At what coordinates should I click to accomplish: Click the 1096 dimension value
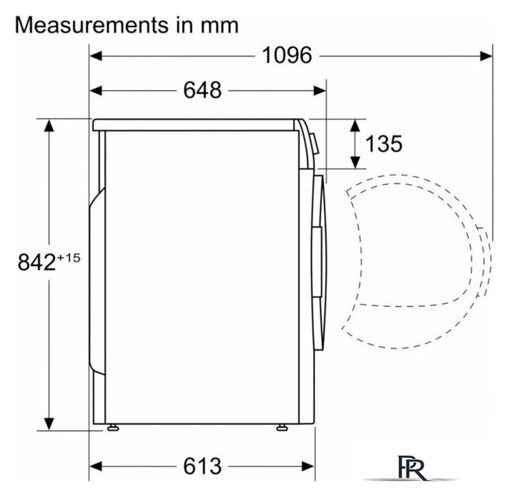click(287, 55)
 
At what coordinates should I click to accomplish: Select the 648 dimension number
click(203, 90)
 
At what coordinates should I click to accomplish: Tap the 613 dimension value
click(203, 466)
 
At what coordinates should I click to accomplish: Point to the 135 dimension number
click(384, 144)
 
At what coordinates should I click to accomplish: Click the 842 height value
click(37, 262)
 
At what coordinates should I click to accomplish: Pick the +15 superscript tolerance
click(68, 258)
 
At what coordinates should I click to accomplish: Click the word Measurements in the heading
click(92, 25)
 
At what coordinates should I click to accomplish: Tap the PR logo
click(412, 469)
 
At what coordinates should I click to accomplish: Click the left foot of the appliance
click(113, 427)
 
